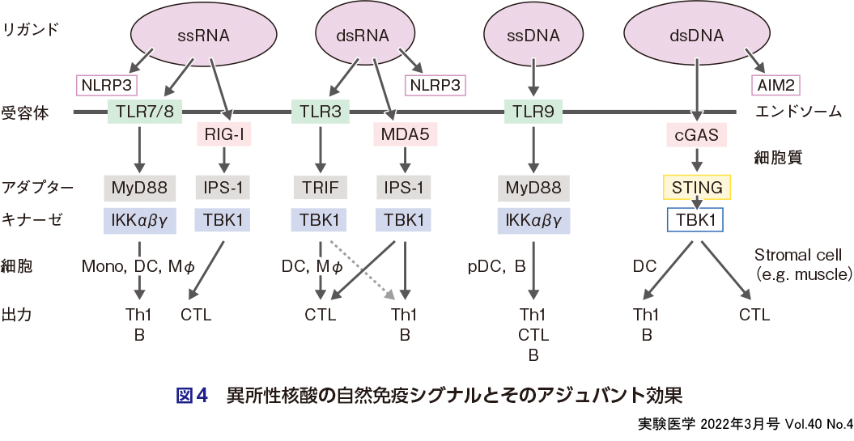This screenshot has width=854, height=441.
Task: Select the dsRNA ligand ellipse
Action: (x=362, y=36)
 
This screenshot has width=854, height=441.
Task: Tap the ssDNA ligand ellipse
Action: (x=533, y=36)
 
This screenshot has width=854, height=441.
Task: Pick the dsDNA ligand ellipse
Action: (x=696, y=36)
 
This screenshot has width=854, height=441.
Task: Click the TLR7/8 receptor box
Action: (x=141, y=112)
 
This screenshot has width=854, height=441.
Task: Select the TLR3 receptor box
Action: (x=320, y=112)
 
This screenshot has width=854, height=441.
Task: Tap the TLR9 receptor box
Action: (x=533, y=112)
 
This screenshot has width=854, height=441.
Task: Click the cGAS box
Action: (x=696, y=135)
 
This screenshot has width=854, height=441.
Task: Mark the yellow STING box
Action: (x=696, y=188)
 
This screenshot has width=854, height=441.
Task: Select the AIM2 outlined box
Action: (x=775, y=85)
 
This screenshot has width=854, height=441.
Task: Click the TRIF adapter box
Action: (x=320, y=188)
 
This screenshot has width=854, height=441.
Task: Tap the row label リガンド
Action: (x=30, y=30)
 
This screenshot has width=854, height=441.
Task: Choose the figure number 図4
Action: (x=193, y=396)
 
